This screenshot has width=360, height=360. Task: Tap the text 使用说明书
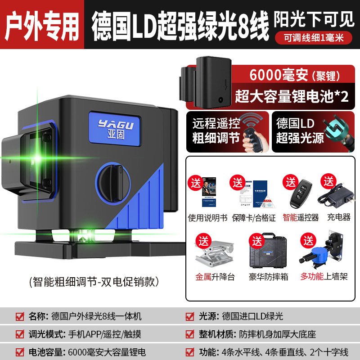(x=207, y=217)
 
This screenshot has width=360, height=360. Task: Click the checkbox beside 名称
(x=19, y=316)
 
